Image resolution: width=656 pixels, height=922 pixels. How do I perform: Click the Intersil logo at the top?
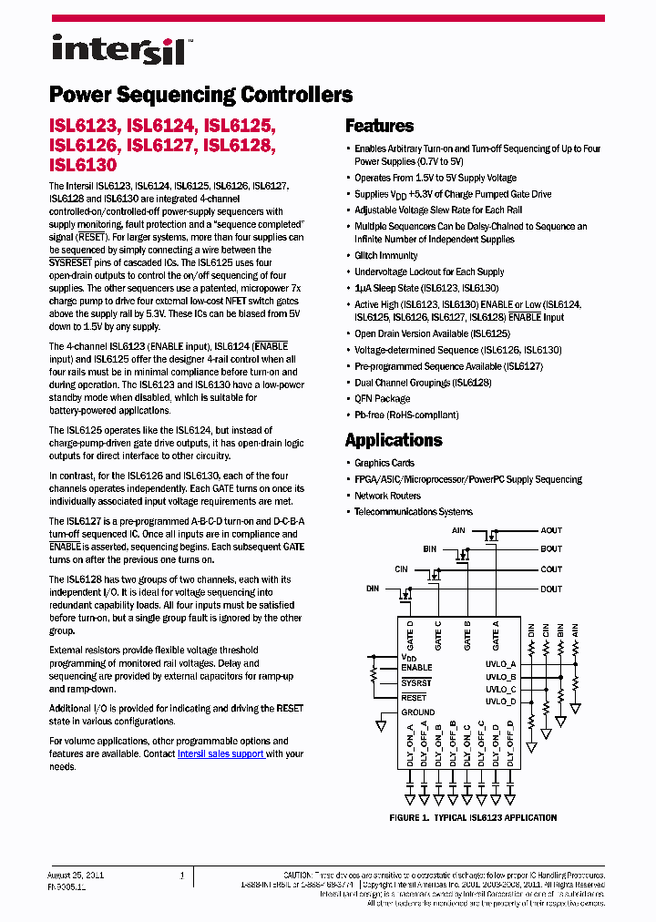click(x=118, y=49)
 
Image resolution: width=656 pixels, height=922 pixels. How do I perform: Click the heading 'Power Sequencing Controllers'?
click(x=200, y=95)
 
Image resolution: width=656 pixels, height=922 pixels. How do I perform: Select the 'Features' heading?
click(x=379, y=127)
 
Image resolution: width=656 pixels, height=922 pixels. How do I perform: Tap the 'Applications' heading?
click(x=394, y=440)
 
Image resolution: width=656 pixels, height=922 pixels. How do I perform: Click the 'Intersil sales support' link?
click(x=220, y=754)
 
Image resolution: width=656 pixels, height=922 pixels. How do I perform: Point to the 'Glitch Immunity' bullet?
click(x=386, y=256)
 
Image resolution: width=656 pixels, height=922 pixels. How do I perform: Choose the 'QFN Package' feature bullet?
click(x=383, y=399)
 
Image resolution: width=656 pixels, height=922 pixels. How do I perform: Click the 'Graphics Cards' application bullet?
click(x=384, y=464)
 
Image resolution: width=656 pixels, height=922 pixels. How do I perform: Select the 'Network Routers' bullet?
click(x=387, y=497)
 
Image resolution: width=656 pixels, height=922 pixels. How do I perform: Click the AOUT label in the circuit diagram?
click(x=551, y=530)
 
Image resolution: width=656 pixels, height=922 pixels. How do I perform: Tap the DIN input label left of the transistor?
click(x=373, y=589)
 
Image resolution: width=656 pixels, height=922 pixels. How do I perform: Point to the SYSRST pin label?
click(x=417, y=682)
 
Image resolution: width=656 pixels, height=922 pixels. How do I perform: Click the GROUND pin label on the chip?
click(x=418, y=712)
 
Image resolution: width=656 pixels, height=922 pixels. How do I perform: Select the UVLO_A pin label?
click(x=501, y=664)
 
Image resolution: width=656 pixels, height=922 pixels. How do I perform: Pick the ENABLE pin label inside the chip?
click(x=416, y=668)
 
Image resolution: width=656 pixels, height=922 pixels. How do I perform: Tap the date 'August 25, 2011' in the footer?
click(x=76, y=875)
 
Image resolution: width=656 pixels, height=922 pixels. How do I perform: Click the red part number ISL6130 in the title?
click(x=83, y=165)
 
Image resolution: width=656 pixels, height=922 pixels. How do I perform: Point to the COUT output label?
click(x=551, y=569)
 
